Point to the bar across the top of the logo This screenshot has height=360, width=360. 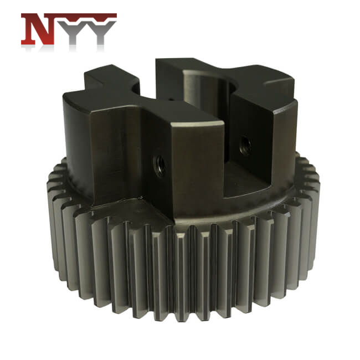pyautogui.click(x=69, y=15)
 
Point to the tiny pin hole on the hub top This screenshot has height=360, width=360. pyautogui.click(x=171, y=99)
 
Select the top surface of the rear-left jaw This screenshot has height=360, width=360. pyautogui.click(x=110, y=77)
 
